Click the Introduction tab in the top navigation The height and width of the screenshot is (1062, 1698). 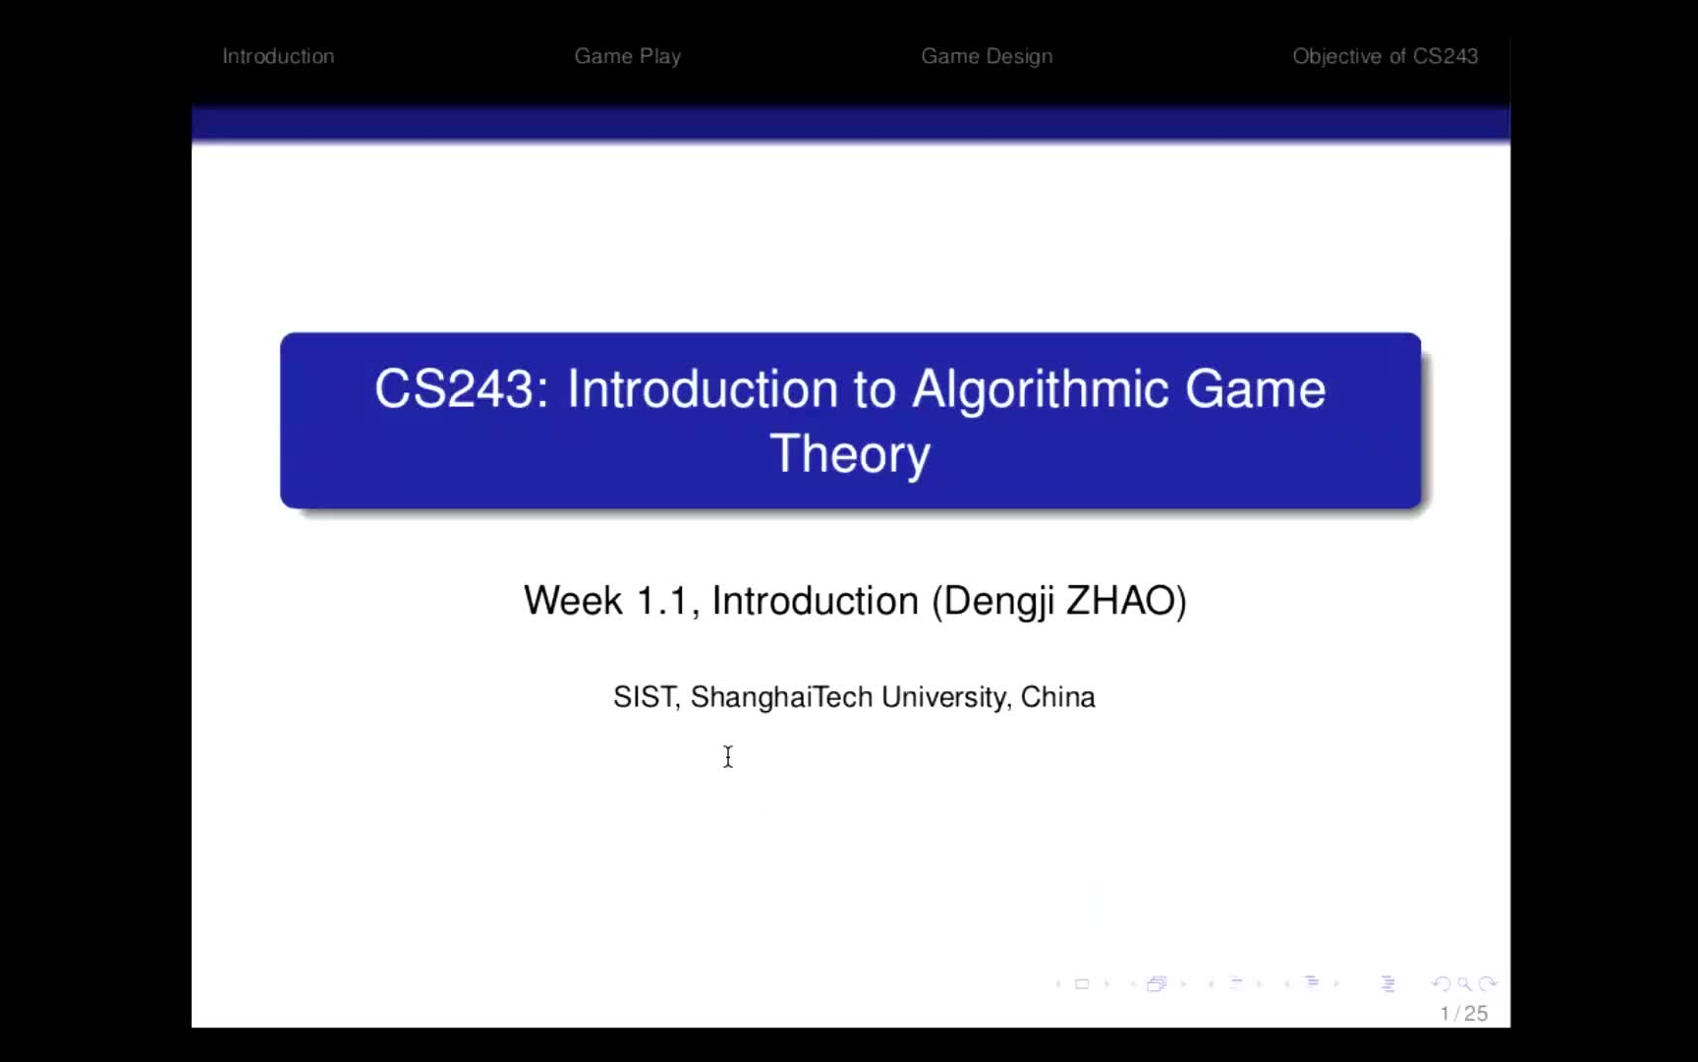278,56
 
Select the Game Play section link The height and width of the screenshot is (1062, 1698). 628,57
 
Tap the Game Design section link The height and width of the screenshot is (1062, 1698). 987,57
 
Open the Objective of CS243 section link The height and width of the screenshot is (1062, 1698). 1385,57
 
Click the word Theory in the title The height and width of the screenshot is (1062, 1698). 850,455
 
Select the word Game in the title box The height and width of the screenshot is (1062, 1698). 1256,389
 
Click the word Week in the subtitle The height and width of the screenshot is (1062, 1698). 573,601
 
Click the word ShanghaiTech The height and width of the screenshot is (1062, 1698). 781,697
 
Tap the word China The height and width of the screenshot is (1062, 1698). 1058,697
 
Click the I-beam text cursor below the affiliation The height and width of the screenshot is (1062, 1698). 728,756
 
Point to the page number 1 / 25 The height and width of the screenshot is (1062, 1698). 1464,1014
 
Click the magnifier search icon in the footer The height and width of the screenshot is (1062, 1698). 1464,983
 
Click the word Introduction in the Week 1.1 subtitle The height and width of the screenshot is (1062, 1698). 815,601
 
